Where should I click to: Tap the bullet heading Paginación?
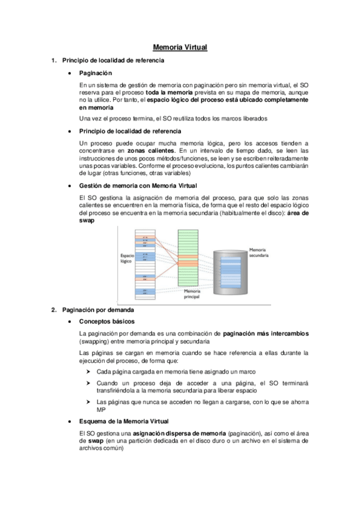pyautogui.click(x=96, y=73)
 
